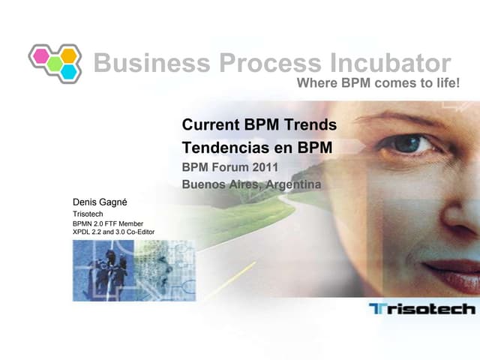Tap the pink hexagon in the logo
[40, 55]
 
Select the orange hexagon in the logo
[68, 55]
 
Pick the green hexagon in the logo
[54, 63]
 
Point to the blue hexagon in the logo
[68, 71]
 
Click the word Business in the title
[142, 63]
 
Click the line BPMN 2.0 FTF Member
[107, 223]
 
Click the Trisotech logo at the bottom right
[422, 308]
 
